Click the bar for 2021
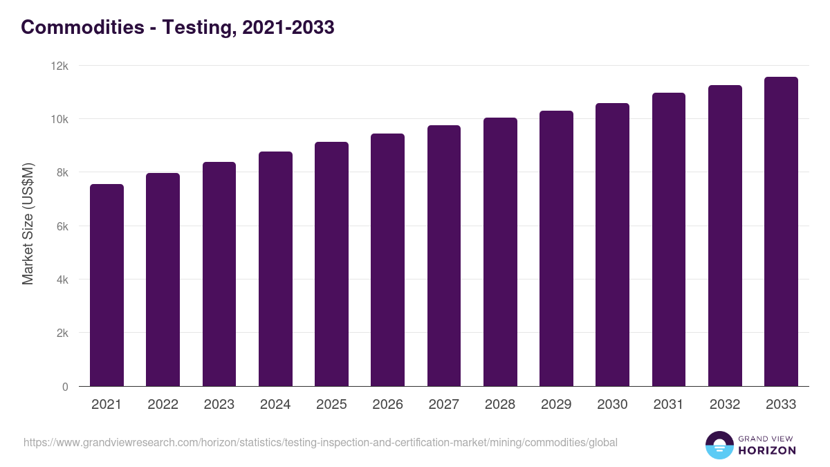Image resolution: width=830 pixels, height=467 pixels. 107,285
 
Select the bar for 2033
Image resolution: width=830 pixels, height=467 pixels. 781,232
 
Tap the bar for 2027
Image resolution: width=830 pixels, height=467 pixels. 444,256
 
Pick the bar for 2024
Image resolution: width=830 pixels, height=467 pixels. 275,269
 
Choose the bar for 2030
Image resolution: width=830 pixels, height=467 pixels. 612,245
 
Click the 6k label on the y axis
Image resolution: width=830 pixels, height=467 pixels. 62,226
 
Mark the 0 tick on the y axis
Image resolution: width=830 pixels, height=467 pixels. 65,387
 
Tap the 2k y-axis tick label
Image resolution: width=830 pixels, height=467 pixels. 62,333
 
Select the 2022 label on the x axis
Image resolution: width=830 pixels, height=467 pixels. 163,405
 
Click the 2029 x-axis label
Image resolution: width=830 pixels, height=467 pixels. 556,405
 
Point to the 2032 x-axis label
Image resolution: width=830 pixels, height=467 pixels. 725,405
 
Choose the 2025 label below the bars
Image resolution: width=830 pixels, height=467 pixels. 331,405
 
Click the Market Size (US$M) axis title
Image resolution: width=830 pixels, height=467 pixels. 28,224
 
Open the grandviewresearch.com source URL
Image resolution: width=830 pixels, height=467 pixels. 320,442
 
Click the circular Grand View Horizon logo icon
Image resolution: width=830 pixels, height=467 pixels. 719,445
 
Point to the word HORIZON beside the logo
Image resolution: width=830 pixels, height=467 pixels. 767,450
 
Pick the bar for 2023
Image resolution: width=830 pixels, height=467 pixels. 219,274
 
